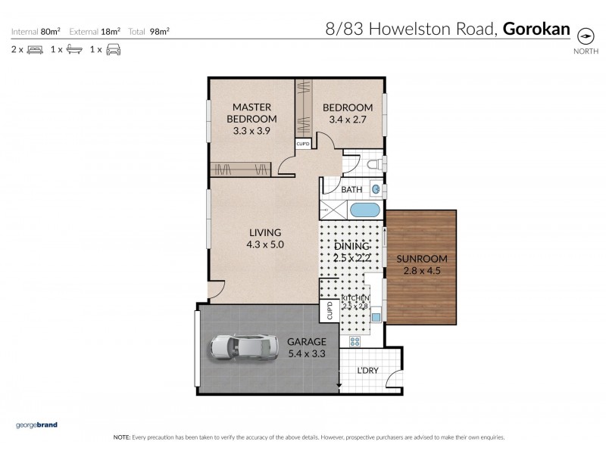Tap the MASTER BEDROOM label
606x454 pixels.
pos(252,113)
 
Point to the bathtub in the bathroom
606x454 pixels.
pos(364,210)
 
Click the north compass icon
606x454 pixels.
pos(585,36)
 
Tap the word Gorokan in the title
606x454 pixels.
pos(536,30)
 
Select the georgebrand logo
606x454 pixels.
pos(36,425)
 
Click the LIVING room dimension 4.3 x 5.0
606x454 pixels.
pos(264,244)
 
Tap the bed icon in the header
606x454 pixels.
pos(35,50)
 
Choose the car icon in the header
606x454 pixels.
pos(113,50)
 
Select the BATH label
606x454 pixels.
pos(351,190)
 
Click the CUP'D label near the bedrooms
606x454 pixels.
pos(302,143)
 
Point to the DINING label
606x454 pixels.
pos(351,247)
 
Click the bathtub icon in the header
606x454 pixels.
pos(73,50)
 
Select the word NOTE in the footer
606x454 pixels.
pos(121,437)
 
